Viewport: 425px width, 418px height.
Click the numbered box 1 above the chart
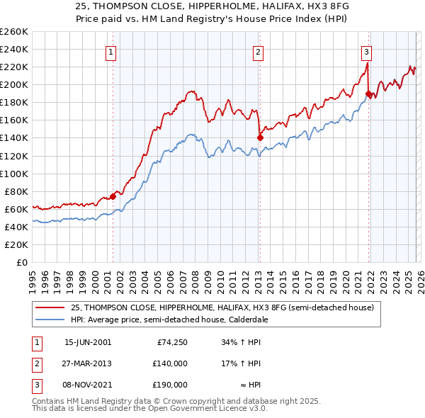pyautogui.click(x=112, y=52)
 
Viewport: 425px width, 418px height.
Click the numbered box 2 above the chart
pyautogui.click(x=259, y=52)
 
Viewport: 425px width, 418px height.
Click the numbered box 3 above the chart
pyautogui.click(x=366, y=52)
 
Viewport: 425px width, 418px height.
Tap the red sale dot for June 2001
pyautogui.click(x=113, y=196)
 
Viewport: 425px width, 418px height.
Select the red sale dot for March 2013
pyautogui.click(x=260, y=137)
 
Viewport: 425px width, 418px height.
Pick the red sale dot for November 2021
pyautogui.click(x=368, y=94)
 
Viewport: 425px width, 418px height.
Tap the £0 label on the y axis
pyautogui.click(x=21, y=262)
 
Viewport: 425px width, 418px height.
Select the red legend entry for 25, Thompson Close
pyautogui.click(x=226, y=307)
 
